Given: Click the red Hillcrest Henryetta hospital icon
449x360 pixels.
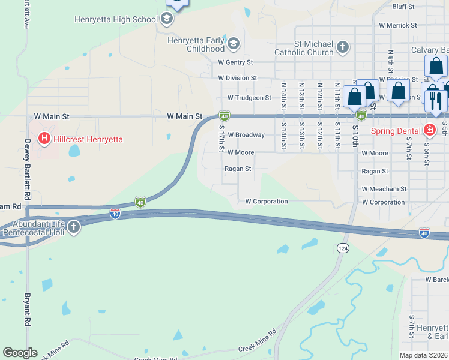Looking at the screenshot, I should point(44,139).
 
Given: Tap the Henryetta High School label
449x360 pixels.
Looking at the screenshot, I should point(116,19).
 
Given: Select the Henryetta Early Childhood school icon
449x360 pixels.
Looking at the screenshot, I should point(234,44).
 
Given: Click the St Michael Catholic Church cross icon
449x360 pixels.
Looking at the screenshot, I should point(342,47).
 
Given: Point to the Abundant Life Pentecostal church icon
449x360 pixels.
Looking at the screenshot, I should point(73,227).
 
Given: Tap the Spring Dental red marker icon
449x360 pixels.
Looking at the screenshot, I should point(429,130).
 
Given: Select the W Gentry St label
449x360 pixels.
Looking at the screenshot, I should point(235,62).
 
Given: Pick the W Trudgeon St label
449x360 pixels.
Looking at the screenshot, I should point(249,98).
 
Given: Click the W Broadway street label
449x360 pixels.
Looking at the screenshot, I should point(246,135).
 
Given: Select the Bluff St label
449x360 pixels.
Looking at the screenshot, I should point(403,7).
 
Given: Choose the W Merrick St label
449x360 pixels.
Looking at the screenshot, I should point(397,26).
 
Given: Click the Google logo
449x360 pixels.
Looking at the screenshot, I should point(20,353).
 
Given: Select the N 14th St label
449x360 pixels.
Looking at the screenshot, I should point(284,92).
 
